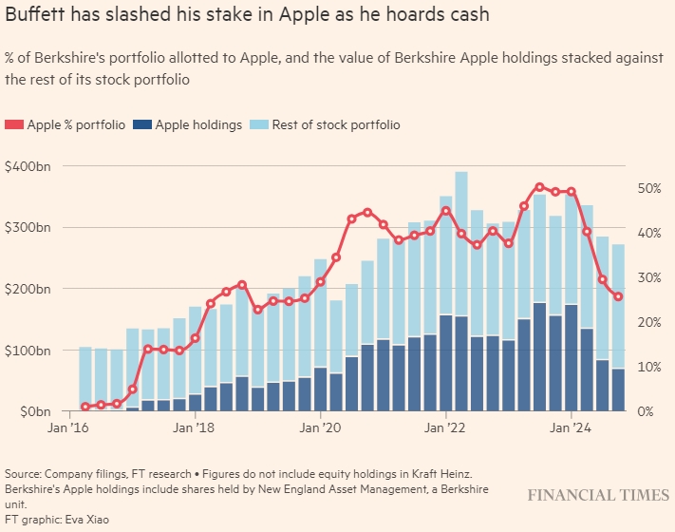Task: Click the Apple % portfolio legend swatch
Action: (x=13, y=124)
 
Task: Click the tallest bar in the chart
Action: (x=461, y=291)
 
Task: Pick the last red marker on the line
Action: (x=618, y=296)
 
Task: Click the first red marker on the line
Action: (x=85, y=407)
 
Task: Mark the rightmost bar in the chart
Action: (x=618, y=328)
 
